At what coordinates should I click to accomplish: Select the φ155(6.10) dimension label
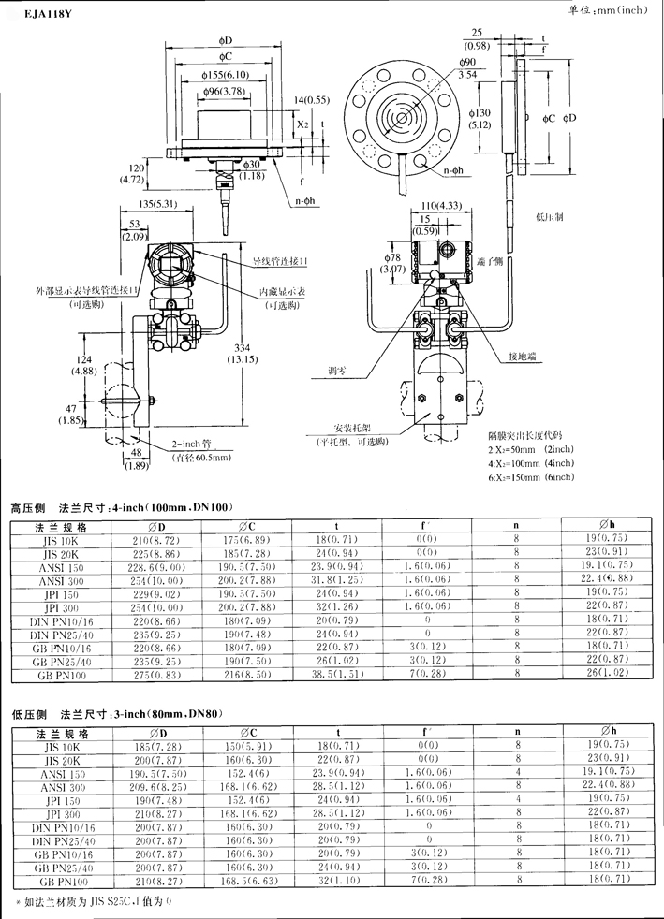[226, 75]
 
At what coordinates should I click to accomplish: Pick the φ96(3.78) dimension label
[226, 91]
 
